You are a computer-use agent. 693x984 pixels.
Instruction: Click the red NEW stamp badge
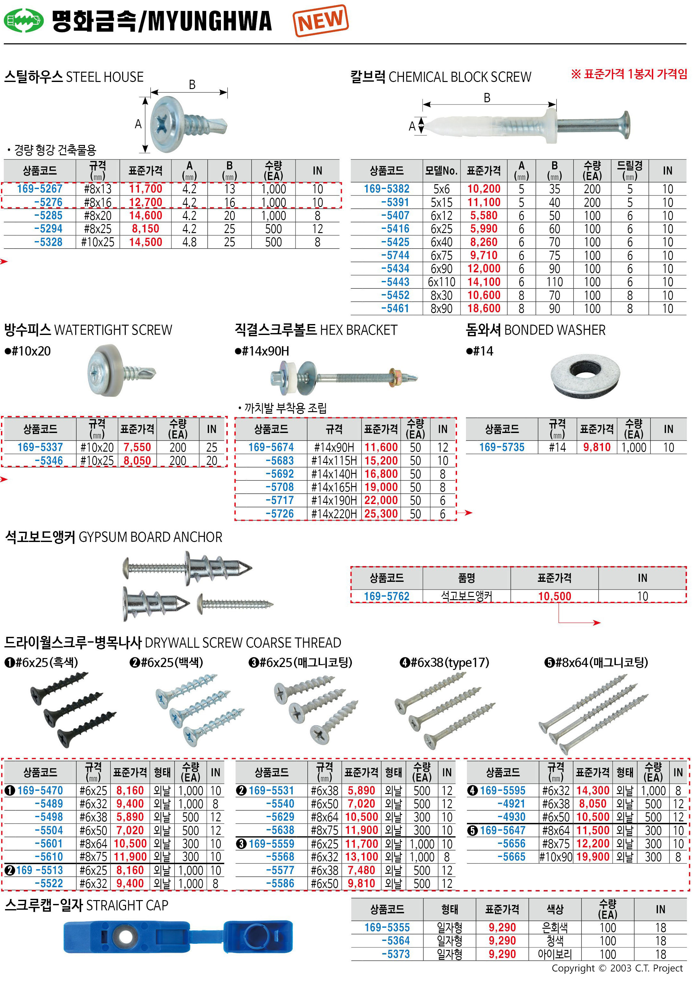(321, 20)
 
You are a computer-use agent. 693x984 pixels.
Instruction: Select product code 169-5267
(40, 189)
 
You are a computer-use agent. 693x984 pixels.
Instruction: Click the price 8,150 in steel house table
(145, 229)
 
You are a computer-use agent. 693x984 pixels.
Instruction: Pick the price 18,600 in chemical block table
(484, 309)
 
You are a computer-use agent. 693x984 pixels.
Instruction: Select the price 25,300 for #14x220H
(381, 513)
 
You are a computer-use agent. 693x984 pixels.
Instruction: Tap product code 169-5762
(387, 596)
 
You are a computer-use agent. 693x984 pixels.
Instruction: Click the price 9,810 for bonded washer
(597, 447)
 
